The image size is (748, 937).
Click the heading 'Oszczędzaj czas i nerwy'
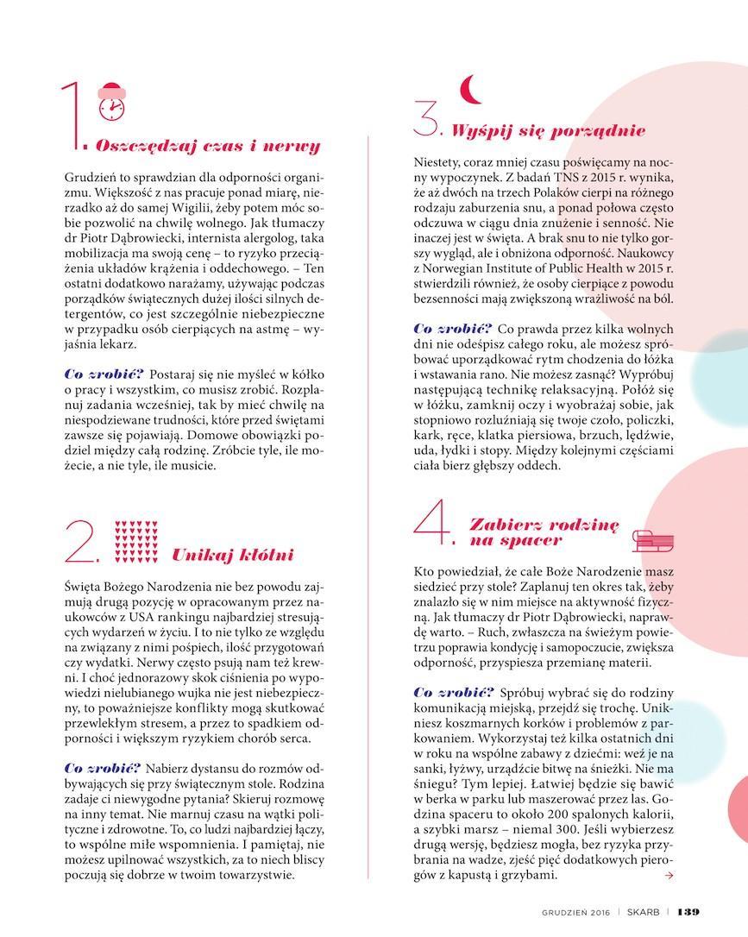coord(208,146)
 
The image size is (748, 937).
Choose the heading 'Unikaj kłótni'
coord(233,555)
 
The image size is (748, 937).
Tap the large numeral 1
coord(74,116)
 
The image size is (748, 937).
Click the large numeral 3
coord(426,118)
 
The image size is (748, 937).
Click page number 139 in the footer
coord(688,912)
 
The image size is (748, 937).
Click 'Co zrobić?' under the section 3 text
coord(452,329)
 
